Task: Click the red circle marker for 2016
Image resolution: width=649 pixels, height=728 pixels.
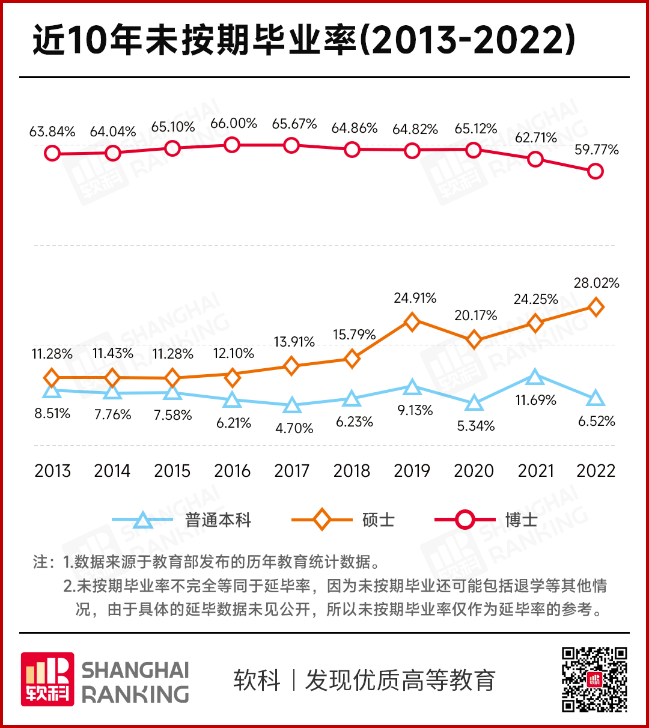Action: tap(232, 145)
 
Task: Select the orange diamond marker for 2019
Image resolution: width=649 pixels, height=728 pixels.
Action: tap(412, 322)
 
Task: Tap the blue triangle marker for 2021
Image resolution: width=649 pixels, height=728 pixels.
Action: tap(535, 378)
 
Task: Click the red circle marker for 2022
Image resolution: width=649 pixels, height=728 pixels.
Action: tap(595, 171)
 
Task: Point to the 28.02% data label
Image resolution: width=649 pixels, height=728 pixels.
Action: tap(596, 283)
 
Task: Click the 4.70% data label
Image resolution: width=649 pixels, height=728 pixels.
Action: tap(294, 428)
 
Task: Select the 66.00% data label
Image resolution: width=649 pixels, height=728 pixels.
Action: tap(234, 124)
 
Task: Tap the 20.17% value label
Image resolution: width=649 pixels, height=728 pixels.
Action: tap(475, 315)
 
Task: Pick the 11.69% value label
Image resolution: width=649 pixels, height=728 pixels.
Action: tap(535, 400)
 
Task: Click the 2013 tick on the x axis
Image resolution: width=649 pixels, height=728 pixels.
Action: tap(52, 471)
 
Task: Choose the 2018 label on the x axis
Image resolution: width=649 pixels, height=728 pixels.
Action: tap(352, 471)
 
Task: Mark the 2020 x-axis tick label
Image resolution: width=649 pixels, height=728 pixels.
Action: tap(474, 471)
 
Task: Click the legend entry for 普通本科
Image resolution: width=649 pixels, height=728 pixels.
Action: tap(218, 520)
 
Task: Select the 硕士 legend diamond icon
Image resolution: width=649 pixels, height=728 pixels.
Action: tap(322, 520)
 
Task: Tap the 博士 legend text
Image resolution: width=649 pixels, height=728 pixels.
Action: tap(521, 520)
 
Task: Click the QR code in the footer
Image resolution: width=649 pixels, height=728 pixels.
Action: tap(594, 679)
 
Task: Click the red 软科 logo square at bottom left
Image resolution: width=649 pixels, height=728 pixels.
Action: tap(47, 679)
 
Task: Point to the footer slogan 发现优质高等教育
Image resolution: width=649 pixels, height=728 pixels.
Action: tap(400, 681)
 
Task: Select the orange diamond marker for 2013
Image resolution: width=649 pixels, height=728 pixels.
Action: tap(52, 378)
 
